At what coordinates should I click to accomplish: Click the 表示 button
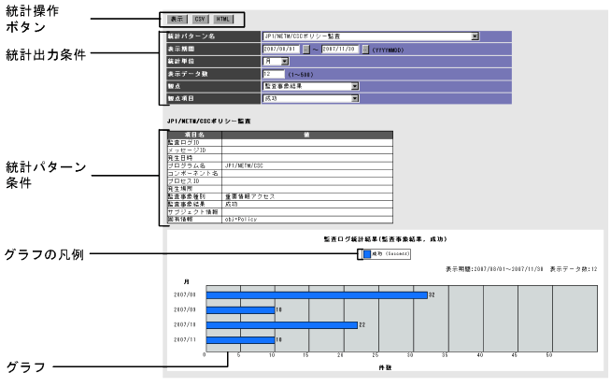point(177,19)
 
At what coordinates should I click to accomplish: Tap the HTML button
point(222,19)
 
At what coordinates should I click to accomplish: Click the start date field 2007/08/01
point(281,49)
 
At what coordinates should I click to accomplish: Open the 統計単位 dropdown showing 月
point(277,61)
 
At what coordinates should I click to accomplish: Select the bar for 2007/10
point(281,324)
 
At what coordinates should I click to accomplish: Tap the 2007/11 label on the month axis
point(185,339)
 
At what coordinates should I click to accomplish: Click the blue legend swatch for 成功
point(365,252)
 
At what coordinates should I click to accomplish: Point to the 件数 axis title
point(382,367)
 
